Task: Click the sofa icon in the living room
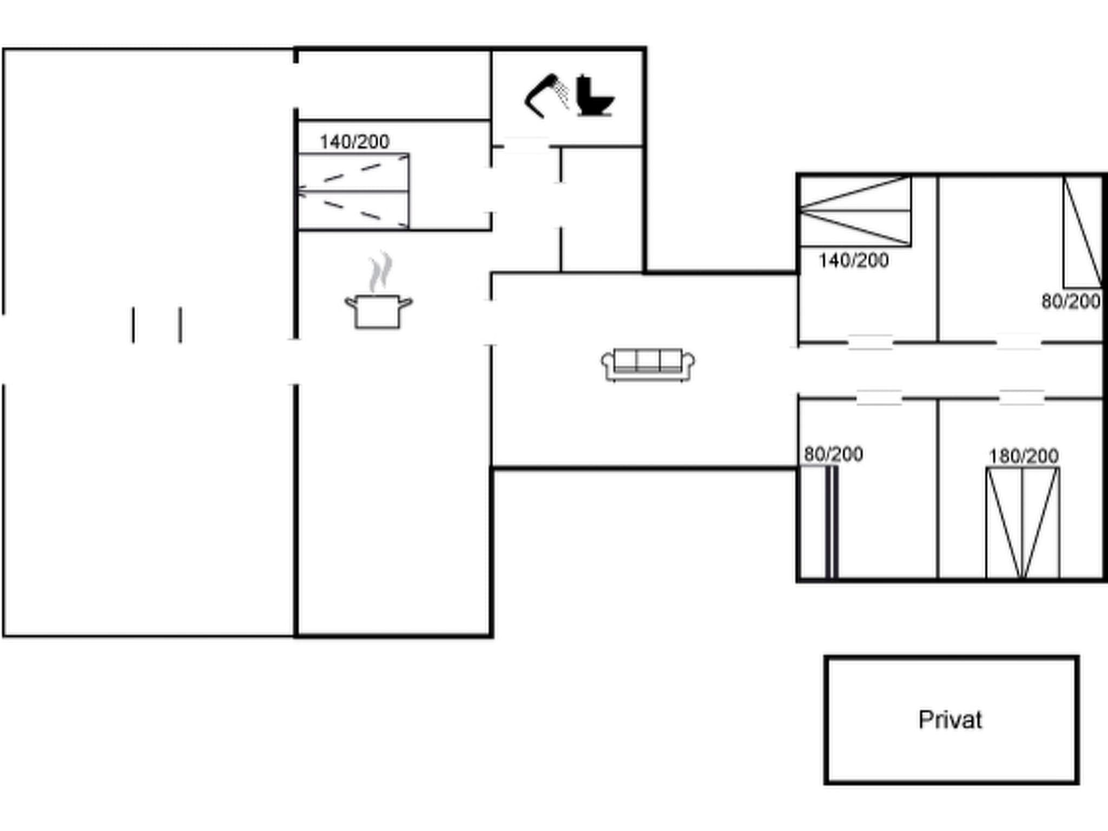[x=648, y=365]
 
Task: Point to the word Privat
[x=950, y=720]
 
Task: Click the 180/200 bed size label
[x=1024, y=456]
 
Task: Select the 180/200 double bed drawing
[x=1023, y=523]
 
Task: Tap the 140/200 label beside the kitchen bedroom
[x=354, y=142]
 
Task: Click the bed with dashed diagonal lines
[x=354, y=191]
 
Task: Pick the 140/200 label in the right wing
[x=853, y=261]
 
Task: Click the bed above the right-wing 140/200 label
[x=855, y=211]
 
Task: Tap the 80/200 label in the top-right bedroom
[x=1071, y=301]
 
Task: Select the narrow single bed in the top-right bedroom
[x=1082, y=233]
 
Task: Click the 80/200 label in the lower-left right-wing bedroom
[x=833, y=454]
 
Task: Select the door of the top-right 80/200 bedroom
[x=1019, y=342]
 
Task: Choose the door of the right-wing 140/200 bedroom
[x=870, y=342]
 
